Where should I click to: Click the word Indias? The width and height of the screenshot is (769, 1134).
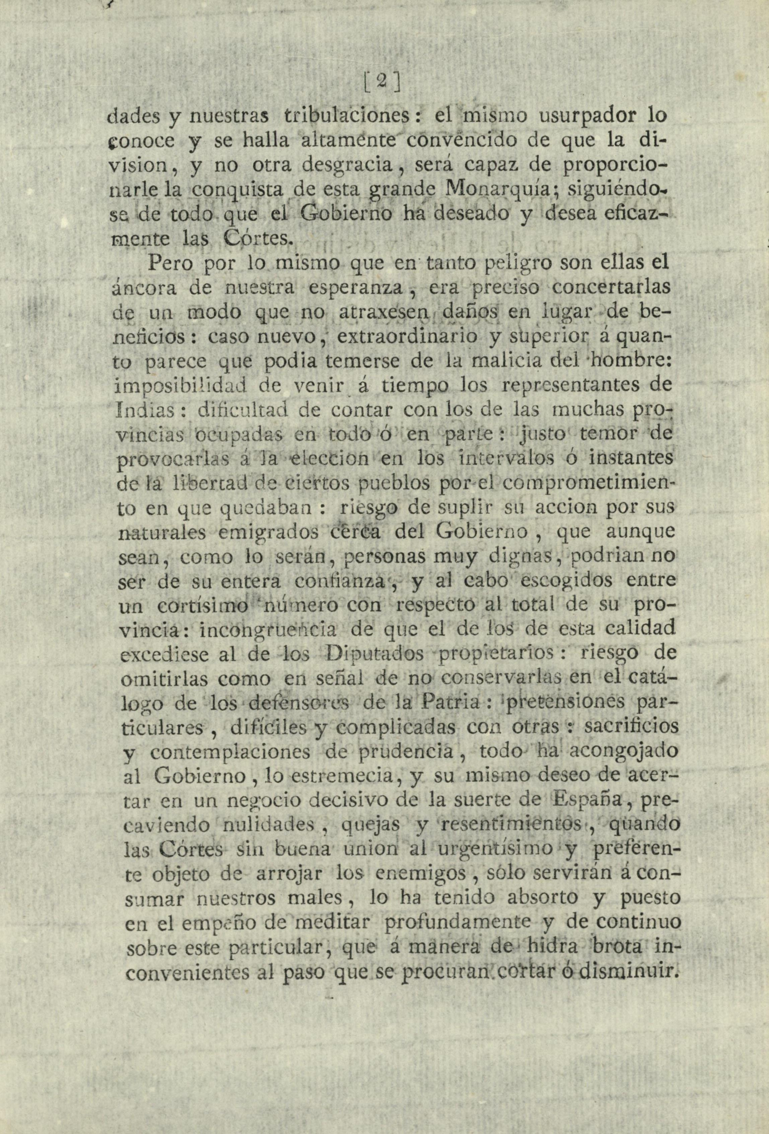tap(145, 410)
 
